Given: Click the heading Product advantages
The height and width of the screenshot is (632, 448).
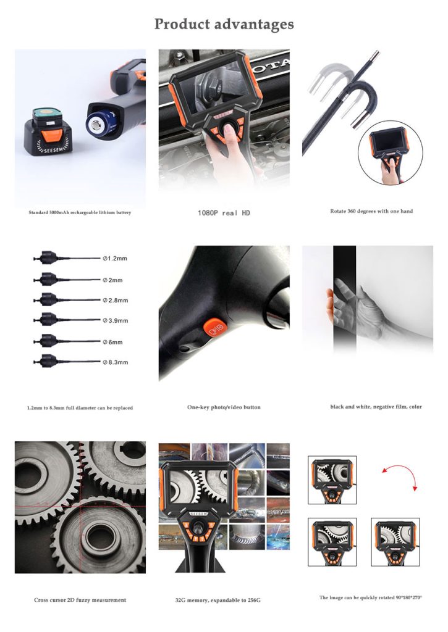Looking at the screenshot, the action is [224, 25].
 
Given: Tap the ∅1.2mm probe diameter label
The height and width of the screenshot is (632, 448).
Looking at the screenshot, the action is [115, 259].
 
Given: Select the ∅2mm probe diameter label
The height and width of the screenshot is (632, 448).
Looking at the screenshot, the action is [112, 280].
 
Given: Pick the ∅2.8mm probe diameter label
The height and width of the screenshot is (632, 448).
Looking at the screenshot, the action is [116, 301].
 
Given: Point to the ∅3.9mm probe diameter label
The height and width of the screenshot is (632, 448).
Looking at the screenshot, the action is [116, 321].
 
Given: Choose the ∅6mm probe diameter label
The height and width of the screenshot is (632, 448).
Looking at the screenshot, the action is [112, 342].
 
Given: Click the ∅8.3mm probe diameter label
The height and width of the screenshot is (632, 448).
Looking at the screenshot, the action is [116, 362].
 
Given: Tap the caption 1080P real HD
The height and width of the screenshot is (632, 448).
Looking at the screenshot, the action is [224, 213].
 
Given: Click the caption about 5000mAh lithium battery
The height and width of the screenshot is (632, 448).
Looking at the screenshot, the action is [80, 212].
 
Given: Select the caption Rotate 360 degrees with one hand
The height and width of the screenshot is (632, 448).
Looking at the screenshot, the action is [371, 211].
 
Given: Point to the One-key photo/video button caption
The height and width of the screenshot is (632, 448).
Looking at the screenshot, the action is [224, 407].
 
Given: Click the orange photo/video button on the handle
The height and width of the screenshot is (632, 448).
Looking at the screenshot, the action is [215, 328].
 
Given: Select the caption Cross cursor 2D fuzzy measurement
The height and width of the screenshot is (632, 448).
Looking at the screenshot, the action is [80, 600].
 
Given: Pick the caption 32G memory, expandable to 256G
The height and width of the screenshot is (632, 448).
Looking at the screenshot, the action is [218, 600].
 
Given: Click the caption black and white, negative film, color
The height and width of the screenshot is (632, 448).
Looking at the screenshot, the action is [376, 407].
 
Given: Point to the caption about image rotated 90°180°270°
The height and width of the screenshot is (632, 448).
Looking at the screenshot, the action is [371, 597].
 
